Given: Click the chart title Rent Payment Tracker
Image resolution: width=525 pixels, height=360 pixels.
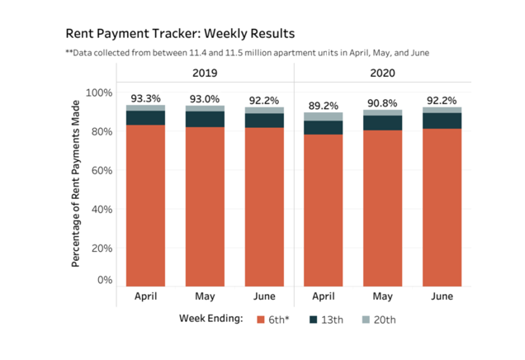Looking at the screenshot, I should pyautogui.click(x=179, y=34).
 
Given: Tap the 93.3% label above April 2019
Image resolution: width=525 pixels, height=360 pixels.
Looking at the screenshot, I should pyautogui.click(x=144, y=98).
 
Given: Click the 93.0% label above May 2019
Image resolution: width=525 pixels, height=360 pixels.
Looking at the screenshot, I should pyautogui.click(x=204, y=99).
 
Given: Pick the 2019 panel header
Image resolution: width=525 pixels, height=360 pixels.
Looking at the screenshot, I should pyautogui.click(x=204, y=73).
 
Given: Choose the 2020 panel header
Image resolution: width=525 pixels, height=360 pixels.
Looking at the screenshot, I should pyautogui.click(x=382, y=73).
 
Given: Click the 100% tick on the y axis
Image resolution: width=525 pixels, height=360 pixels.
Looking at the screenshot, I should pyautogui.click(x=99, y=92).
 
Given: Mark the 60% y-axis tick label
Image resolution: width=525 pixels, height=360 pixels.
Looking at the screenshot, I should pyautogui.click(x=102, y=170).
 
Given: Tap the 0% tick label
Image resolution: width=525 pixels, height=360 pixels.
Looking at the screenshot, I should pyautogui.click(x=105, y=280).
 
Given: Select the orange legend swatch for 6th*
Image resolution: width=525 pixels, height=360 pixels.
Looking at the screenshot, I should pyautogui.click(x=261, y=319).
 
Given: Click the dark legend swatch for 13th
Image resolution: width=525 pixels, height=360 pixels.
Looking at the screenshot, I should pyautogui.click(x=314, y=319).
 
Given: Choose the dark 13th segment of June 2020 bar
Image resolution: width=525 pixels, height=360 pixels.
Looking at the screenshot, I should pyautogui.click(x=442, y=121).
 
